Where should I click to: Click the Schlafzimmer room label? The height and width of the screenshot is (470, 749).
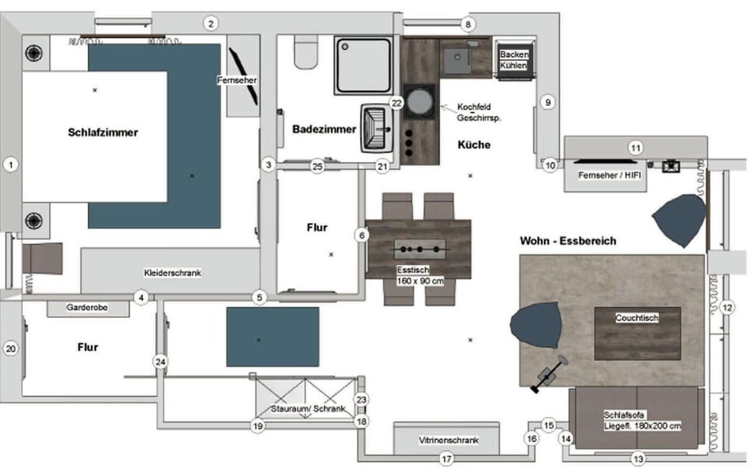point(103,133)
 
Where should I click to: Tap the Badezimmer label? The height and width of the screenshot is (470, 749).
point(325,129)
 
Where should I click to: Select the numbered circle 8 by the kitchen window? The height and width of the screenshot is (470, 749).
point(467,24)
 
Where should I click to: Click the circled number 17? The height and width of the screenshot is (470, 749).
point(446,459)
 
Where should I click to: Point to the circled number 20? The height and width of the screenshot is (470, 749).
point(10,349)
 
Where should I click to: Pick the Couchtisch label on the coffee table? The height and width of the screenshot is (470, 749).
point(637,318)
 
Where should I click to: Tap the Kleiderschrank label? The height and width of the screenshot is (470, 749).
point(172,273)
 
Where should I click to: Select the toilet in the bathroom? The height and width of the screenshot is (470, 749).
point(306,51)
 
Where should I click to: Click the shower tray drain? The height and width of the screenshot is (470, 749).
point(345,47)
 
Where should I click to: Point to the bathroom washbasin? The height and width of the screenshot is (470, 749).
point(377,128)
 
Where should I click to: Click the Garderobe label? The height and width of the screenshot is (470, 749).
point(87,308)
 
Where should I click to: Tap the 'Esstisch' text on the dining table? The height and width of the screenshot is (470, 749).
point(414,270)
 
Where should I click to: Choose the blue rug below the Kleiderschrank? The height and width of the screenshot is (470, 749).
point(272,337)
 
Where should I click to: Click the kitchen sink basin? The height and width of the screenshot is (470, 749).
point(457,60)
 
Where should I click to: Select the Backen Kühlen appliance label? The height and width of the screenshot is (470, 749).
point(514,60)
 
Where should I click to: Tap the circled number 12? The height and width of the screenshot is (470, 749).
point(727,308)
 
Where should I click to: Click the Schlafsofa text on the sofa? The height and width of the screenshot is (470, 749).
point(624,415)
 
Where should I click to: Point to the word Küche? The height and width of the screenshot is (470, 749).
point(474,144)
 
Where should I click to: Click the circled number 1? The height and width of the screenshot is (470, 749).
point(10,165)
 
